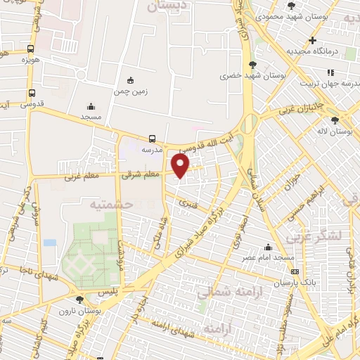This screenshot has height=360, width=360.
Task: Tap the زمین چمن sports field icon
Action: (x=129, y=79)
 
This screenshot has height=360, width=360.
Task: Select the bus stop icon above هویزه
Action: (x=30, y=49)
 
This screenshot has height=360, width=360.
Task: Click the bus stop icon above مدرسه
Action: (x=153, y=139)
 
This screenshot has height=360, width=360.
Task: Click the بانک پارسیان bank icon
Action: (x=294, y=272)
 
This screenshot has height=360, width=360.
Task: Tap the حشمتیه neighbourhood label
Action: (x=108, y=204)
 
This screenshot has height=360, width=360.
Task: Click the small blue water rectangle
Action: (x=49, y=243)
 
